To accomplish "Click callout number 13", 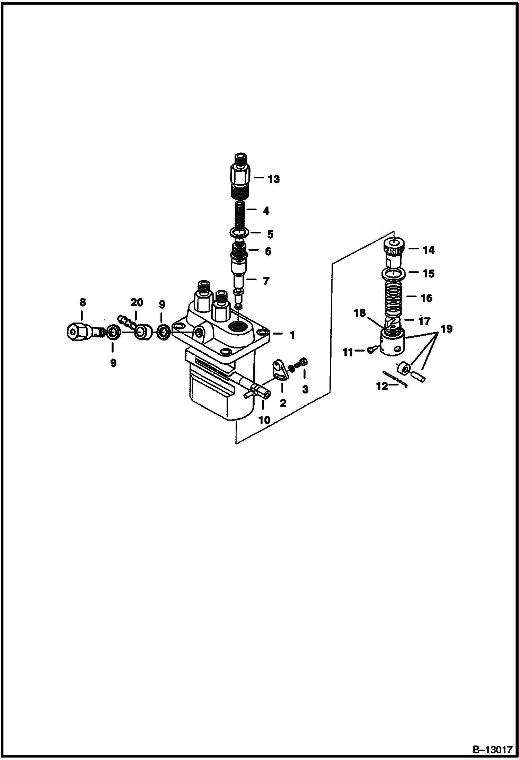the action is [273, 179].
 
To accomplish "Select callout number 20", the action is [137, 302].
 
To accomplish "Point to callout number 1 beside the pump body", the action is [292, 335].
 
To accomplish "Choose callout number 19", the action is [447, 328].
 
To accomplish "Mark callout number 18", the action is [360, 313].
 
